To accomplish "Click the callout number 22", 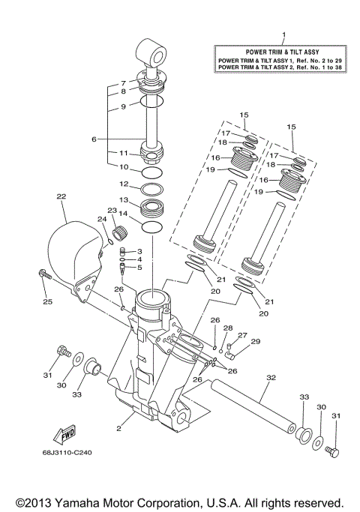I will [61, 196].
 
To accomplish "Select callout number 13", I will [124, 200].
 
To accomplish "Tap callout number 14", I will [124, 214].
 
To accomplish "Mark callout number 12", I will [124, 184].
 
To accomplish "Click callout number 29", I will [255, 341].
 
